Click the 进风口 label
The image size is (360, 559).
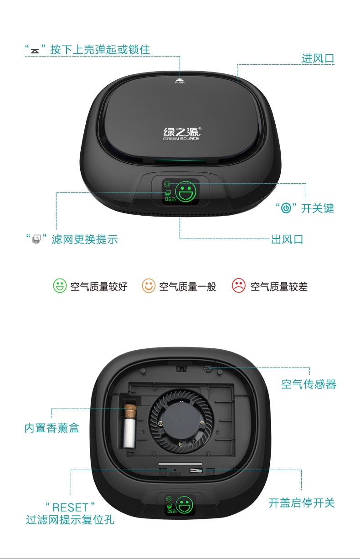point(318,58)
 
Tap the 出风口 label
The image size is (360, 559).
point(287,239)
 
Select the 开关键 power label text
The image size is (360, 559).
point(317,208)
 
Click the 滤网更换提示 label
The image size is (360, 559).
point(85,239)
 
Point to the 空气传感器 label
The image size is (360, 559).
point(309,384)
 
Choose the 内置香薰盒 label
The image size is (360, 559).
point(52,428)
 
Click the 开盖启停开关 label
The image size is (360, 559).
point(302,503)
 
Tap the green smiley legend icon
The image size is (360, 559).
point(60,285)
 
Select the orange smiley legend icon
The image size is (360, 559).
point(149,285)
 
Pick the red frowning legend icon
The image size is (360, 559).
point(239,285)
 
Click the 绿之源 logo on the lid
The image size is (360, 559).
point(182,134)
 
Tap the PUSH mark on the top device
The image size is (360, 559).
point(180,81)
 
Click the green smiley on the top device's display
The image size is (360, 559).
point(185,192)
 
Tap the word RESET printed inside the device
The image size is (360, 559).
point(175,474)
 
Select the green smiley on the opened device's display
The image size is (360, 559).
point(185,505)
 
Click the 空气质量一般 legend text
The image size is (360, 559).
point(188,286)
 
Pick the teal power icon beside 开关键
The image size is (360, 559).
point(286,208)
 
